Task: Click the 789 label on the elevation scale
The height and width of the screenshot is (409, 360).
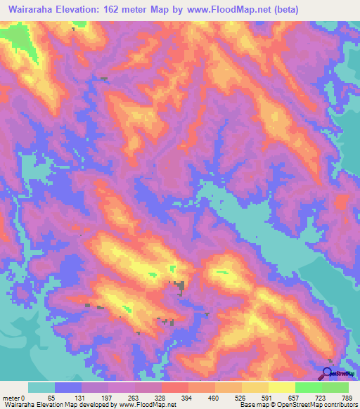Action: tap(347, 397)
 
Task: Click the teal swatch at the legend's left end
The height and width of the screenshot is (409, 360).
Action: tap(41, 387)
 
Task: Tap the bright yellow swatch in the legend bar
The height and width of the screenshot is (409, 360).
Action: tap(281, 387)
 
